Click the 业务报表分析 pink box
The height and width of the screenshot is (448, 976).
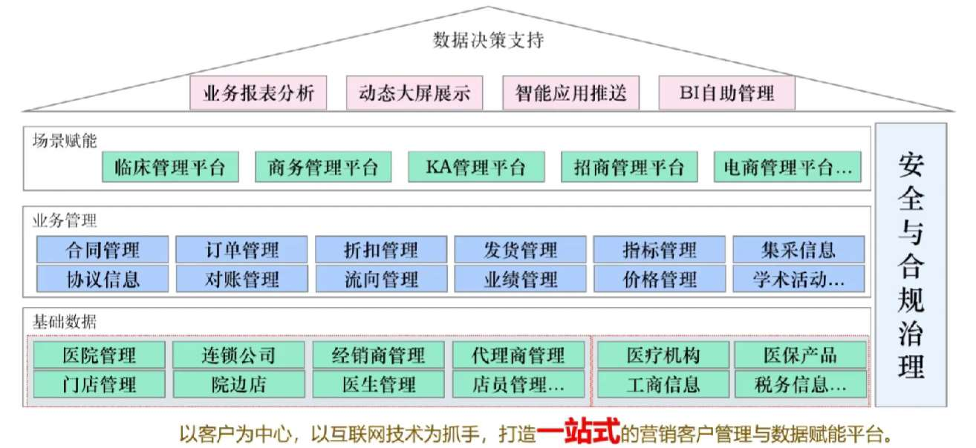pyautogui.click(x=258, y=93)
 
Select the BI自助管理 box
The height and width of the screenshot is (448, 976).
pyautogui.click(x=726, y=93)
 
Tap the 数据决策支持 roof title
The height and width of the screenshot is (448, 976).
pyautogui.click(x=488, y=40)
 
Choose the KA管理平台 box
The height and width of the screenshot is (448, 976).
pyautogui.click(x=476, y=167)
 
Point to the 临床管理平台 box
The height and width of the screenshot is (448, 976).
pyautogui.click(x=170, y=167)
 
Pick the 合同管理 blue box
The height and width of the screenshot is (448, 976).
pyautogui.click(x=103, y=249)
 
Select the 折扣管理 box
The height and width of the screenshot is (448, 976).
pyautogui.click(x=381, y=249)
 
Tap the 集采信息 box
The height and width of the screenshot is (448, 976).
pyautogui.click(x=798, y=249)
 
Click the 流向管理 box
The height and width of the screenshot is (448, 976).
pyautogui.click(x=381, y=279)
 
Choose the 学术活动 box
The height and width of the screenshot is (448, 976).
pyautogui.click(x=798, y=279)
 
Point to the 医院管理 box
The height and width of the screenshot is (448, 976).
pyautogui.click(x=100, y=355)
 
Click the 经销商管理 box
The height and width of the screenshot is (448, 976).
pyautogui.click(x=378, y=355)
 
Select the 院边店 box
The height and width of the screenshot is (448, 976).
pyautogui.click(x=238, y=384)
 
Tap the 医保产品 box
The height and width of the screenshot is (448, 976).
pyautogui.click(x=800, y=355)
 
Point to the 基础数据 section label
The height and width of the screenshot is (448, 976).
pyautogui.click(x=65, y=322)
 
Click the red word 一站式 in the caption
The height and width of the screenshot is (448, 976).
pyautogui.click(x=579, y=432)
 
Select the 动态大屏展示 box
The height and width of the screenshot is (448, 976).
pyautogui.click(x=414, y=93)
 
